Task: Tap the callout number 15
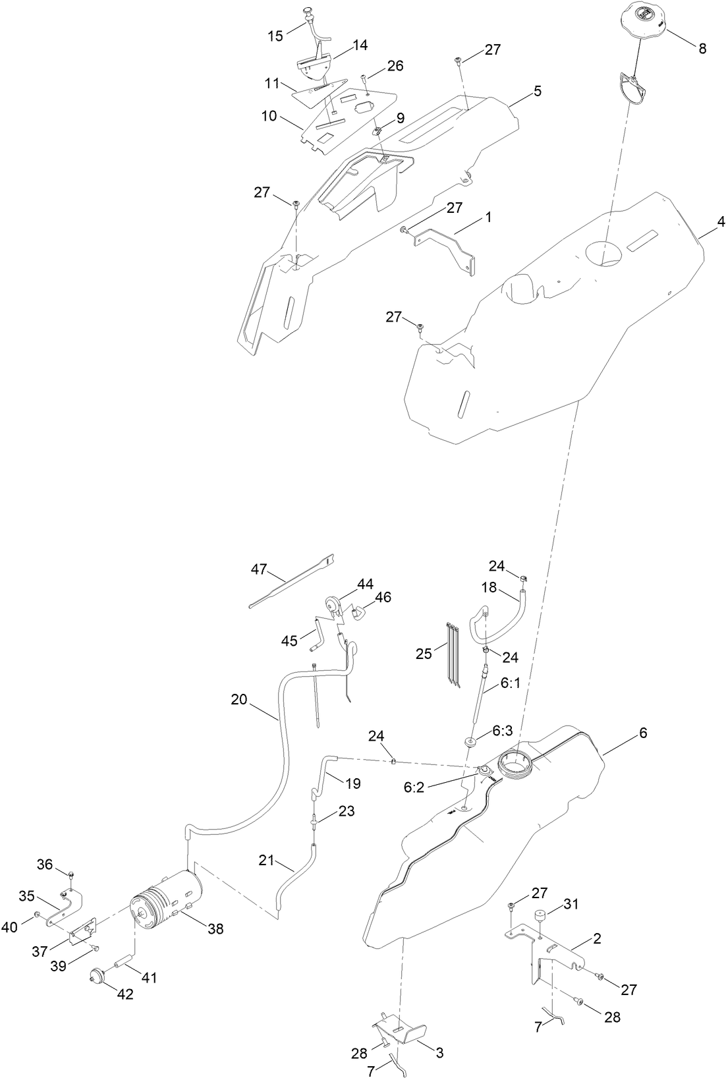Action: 275,36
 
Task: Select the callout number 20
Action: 238,699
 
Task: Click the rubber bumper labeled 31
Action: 542,918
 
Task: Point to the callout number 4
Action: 721,222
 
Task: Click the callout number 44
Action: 365,584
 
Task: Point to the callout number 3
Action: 439,1053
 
